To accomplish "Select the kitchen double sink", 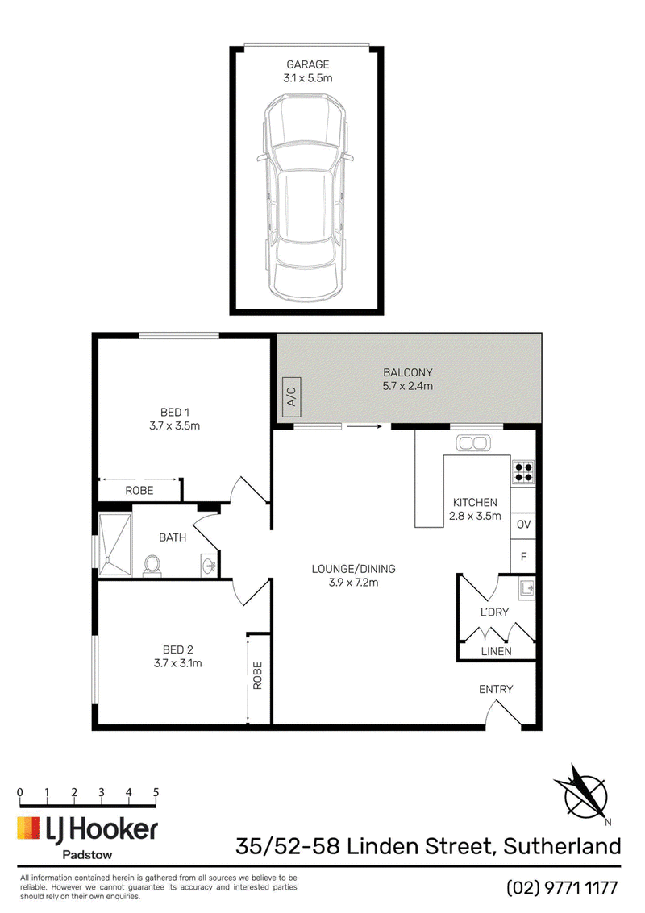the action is click(472, 443).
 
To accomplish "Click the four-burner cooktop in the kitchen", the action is click(523, 471).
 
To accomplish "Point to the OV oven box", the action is click(523, 524).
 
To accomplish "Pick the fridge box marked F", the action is click(523, 557).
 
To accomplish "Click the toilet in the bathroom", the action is click(152, 566).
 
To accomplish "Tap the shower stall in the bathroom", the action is click(114, 545).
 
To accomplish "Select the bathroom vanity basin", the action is click(209, 565).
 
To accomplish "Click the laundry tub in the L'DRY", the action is click(526, 589).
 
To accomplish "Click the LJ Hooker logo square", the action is click(28, 828).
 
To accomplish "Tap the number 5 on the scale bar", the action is click(156, 792).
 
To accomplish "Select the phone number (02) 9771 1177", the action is click(562, 887).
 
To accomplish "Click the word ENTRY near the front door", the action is click(496, 689).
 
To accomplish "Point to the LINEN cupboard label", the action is click(497, 651).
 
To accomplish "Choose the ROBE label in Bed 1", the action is click(139, 490).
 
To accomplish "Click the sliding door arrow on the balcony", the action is click(364, 426).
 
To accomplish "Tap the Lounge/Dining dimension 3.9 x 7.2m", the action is click(353, 583).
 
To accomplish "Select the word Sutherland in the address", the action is click(562, 845).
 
